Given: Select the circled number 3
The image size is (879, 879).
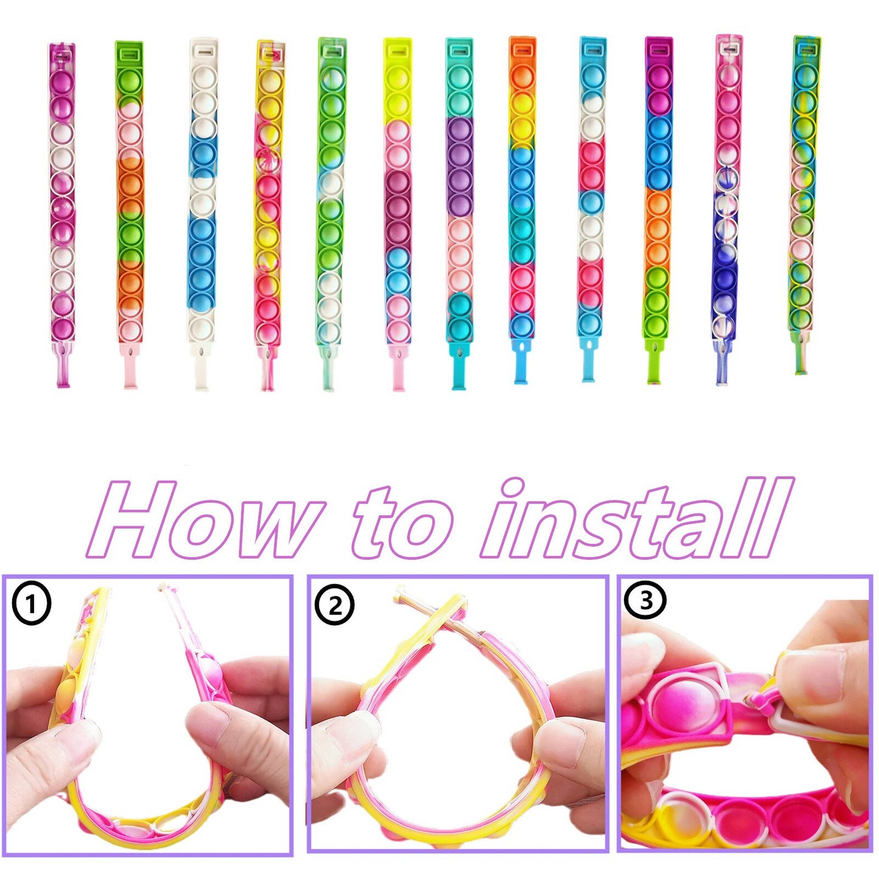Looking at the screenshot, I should pos(645,600).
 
